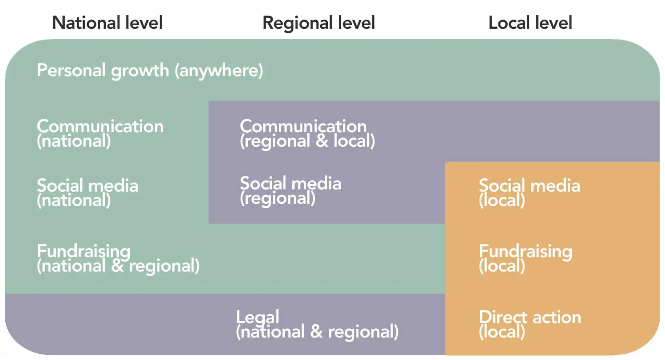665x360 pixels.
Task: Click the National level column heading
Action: pyautogui.click(x=107, y=23)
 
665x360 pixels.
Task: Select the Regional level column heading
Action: pyautogui.click(x=318, y=23)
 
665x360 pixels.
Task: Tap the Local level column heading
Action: pyautogui.click(x=530, y=23)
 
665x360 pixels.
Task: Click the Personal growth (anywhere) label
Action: pyautogui.click(x=150, y=70)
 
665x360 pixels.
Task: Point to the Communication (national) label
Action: pyautogui.click(x=100, y=133)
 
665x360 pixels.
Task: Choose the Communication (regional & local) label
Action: pyautogui.click(x=307, y=133)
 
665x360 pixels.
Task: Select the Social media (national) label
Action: pyautogui.click(x=87, y=193)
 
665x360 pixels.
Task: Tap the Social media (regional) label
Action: pyautogui.click(x=290, y=191)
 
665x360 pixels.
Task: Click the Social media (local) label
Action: pyautogui.click(x=529, y=193)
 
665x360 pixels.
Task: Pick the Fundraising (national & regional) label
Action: pyautogui.click(x=118, y=258)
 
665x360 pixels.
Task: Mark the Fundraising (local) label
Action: pyautogui.click(x=525, y=258)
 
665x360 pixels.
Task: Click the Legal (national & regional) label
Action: pyautogui.click(x=317, y=324)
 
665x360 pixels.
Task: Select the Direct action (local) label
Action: pyautogui.click(x=530, y=324)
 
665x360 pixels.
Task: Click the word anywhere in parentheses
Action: pyautogui.click(x=219, y=70)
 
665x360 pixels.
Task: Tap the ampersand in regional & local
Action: pyautogui.click(x=322, y=141)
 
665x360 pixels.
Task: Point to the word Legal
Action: pyautogui.click(x=258, y=317)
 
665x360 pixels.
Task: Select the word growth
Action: pyautogui.click(x=140, y=70)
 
